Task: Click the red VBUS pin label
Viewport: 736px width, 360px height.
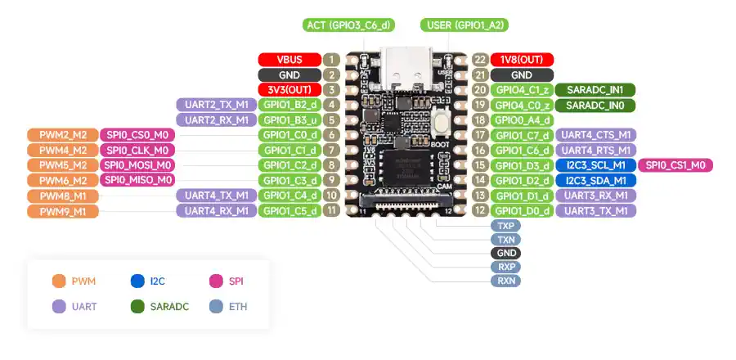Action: tap(289, 60)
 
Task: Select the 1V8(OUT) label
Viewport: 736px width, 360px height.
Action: tap(522, 60)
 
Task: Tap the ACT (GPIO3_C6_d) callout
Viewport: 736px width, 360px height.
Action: tap(348, 25)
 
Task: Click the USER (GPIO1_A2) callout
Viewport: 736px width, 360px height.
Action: tap(464, 25)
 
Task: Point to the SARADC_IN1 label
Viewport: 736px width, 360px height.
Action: tap(595, 90)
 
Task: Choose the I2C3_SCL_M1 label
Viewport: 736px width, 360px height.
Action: tap(595, 165)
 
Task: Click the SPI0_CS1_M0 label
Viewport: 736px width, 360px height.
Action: tap(675, 165)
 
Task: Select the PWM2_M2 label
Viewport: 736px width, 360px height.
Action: tap(63, 135)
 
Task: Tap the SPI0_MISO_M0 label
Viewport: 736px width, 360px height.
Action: tap(137, 180)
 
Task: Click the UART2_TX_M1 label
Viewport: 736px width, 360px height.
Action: tap(217, 105)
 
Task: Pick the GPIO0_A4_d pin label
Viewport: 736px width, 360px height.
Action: tap(522, 120)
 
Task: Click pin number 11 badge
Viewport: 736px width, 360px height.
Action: tap(331, 210)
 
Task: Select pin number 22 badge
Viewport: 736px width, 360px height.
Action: tap(480, 60)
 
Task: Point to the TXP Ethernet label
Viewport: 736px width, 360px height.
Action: tap(505, 226)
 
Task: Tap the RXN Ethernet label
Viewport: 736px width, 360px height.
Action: tap(505, 281)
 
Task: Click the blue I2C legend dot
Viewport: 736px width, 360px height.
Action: tap(137, 281)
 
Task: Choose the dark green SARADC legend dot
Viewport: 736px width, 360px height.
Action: tap(137, 307)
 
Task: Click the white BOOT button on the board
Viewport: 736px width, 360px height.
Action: tap(442, 122)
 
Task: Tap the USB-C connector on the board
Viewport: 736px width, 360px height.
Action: tap(406, 70)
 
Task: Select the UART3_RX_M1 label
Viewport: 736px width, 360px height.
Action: tap(595, 196)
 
